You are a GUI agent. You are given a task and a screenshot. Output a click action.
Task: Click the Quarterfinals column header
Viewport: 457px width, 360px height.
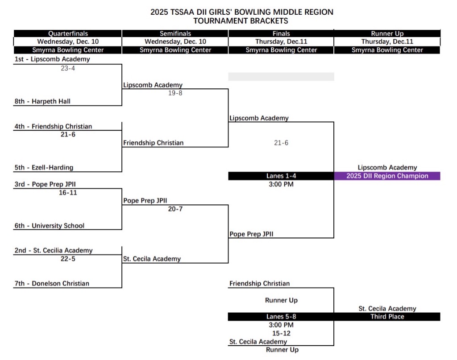coord(68,33)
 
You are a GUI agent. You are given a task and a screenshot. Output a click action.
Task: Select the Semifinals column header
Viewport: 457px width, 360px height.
coord(175,33)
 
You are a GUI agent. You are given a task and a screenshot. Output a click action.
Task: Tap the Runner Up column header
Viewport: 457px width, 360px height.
coord(387,33)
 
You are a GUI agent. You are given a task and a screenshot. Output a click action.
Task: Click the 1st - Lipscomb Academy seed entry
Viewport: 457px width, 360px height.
coord(52,59)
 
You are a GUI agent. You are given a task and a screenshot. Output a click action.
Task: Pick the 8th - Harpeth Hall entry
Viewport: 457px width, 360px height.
coord(42,101)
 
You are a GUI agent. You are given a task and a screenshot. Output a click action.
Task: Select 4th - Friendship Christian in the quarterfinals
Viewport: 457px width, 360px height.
coord(53,126)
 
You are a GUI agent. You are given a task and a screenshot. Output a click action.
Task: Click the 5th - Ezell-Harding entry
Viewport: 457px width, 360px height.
coord(44,167)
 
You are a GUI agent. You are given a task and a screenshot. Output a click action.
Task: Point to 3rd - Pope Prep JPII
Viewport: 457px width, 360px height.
coord(48,184)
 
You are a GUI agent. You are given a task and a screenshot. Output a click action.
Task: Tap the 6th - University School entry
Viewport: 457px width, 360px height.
coord(50,226)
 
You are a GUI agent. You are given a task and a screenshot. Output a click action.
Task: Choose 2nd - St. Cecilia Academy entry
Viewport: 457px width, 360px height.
coord(54,250)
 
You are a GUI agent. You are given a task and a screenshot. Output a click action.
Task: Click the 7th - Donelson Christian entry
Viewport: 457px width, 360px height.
coord(52,283)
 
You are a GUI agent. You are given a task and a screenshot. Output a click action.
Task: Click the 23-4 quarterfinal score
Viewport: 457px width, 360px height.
coord(68,68)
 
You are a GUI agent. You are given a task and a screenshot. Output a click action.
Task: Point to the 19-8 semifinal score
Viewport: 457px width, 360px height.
coord(175,93)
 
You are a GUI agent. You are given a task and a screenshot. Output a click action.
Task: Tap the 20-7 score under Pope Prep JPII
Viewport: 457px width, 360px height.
coord(175,209)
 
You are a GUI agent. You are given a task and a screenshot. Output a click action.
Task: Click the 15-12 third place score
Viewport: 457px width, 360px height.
coord(281,333)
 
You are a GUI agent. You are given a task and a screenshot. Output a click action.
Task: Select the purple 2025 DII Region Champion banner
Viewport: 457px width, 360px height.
coord(387,176)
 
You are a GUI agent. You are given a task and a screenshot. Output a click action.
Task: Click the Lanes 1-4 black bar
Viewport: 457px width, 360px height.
coord(281,176)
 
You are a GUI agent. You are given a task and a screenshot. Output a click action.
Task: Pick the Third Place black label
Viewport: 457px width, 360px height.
coord(387,317)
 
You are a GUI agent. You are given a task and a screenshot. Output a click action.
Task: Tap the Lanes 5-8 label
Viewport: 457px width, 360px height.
coord(281,317)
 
